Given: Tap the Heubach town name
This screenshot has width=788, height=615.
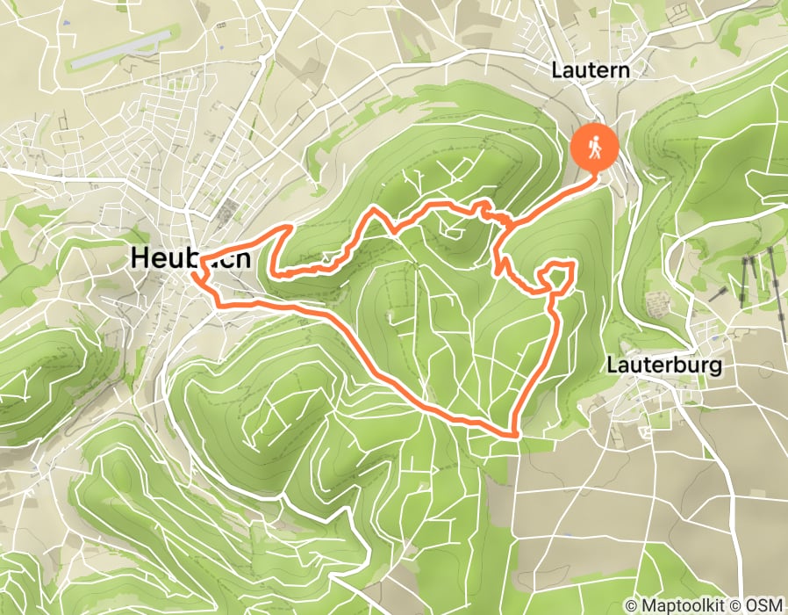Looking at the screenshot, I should click(191, 257).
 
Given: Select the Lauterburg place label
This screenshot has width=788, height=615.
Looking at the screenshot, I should click(663, 365).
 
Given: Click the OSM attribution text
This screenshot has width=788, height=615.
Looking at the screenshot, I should click(765, 604).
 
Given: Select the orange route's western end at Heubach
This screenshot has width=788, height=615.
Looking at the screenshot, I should click(195, 275).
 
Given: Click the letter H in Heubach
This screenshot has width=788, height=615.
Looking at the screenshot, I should click(140, 257).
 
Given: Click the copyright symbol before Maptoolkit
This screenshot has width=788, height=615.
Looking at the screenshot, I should click(632, 604).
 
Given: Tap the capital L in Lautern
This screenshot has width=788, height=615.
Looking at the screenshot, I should click(557, 69).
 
